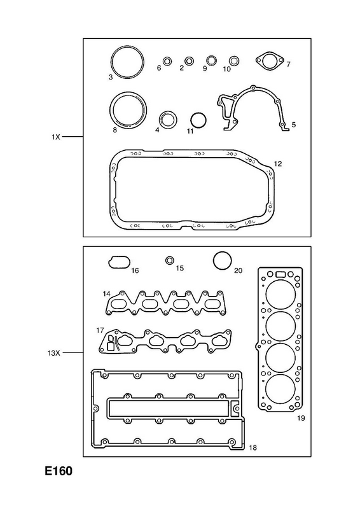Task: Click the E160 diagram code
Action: [x=59, y=471]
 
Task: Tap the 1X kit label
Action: [x=56, y=137]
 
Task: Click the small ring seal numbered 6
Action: [x=167, y=61]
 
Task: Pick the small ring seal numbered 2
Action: [x=190, y=60]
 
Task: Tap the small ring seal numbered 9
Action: [x=212, y=60]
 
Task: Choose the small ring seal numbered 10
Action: [x=233, y=60]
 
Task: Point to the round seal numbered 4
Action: [x=169, y=120]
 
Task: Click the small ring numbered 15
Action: [x=169, y=260]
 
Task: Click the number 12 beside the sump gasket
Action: [x=277, y=164]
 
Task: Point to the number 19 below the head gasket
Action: [x=301, y=418]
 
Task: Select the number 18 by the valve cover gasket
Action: [x=253, y=448]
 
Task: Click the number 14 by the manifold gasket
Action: [x=106, y=294]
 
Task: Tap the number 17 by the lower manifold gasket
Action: [x=100, y=330]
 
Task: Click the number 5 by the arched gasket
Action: [x=293, y=124]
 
